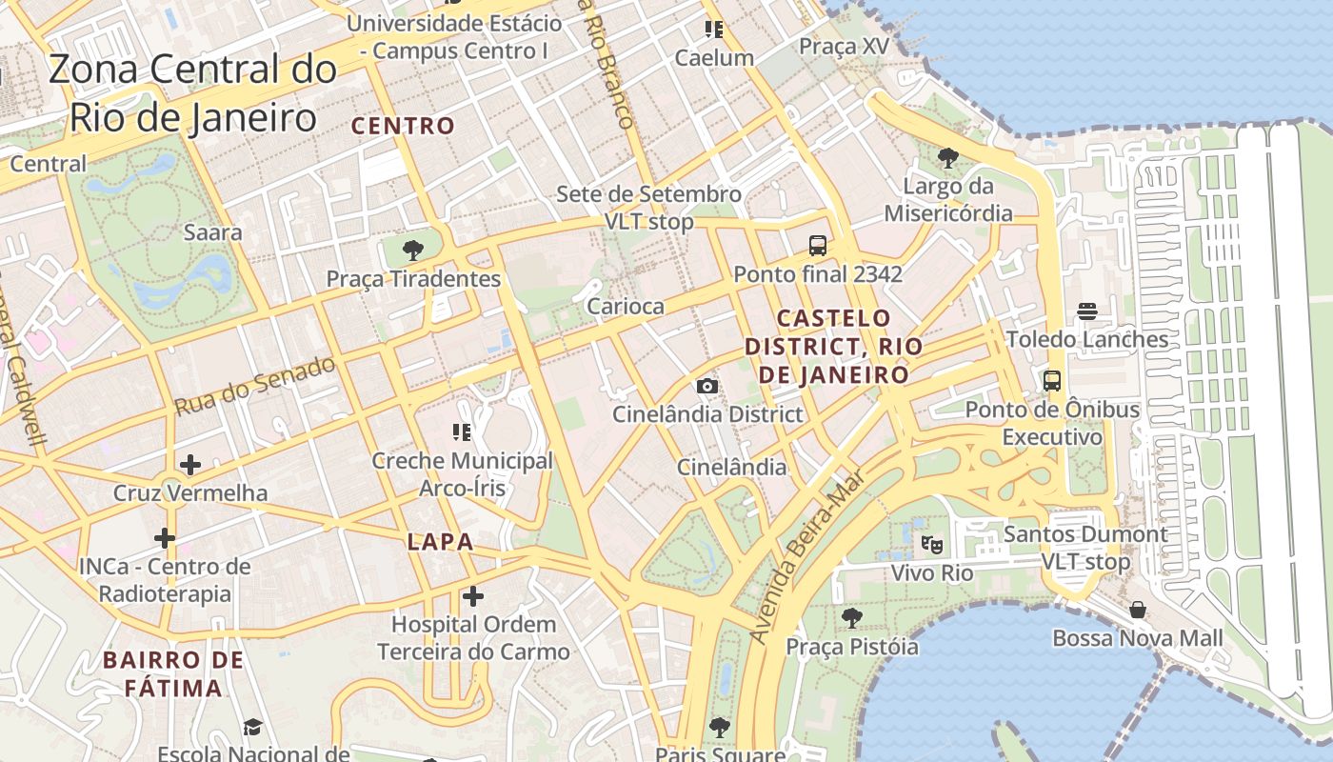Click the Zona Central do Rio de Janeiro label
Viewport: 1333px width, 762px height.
(x=192, y=93)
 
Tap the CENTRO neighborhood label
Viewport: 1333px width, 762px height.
(x=404, y=126)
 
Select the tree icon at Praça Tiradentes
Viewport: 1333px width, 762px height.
(x=412, y=251)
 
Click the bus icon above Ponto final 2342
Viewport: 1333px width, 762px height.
(x=817, y=246)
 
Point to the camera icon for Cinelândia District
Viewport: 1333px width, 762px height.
(x=706, y=386)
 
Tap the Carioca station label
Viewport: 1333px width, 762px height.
(x=626, y=306)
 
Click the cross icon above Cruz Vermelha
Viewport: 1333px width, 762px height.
(x=190, y=465)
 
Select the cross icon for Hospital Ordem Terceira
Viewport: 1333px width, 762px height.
(x=473, y=597)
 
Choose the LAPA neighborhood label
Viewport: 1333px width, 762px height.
(x=440, y=542)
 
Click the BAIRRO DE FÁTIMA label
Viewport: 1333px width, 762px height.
(x=173, y=673)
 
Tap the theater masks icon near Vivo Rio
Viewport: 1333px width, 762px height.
(x=931, y=545)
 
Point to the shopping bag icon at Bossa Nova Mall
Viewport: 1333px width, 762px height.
(x=1137, y=610)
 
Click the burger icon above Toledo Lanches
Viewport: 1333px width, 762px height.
(x=1087, y=311)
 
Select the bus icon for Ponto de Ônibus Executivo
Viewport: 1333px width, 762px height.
(x=1052, y=381)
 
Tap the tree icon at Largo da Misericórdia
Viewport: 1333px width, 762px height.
(x=947, y=157)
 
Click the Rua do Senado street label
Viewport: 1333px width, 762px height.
(x=255, y=386)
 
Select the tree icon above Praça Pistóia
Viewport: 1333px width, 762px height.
(x=852, y=618)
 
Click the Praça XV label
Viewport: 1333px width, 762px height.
(x=844, y=46)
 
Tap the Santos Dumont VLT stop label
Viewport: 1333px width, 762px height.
(x=1085, y=548)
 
